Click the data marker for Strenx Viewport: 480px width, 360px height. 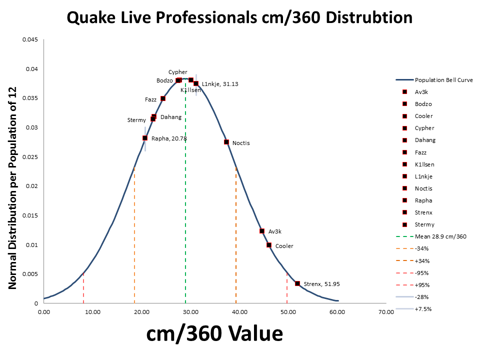297,283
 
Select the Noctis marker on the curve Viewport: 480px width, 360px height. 226,142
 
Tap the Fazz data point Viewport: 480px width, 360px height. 163,98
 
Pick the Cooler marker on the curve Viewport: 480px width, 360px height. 269,245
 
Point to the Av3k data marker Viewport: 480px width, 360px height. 262,231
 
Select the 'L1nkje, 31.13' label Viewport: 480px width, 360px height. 220,84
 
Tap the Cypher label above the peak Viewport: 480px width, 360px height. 178,72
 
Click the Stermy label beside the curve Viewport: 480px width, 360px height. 136,120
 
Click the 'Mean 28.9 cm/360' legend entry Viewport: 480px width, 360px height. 440,236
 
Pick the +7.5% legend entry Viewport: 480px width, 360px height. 423,309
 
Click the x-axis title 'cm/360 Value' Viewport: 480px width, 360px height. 214,333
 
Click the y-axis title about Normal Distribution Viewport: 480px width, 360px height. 13,187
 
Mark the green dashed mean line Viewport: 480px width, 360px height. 185,200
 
